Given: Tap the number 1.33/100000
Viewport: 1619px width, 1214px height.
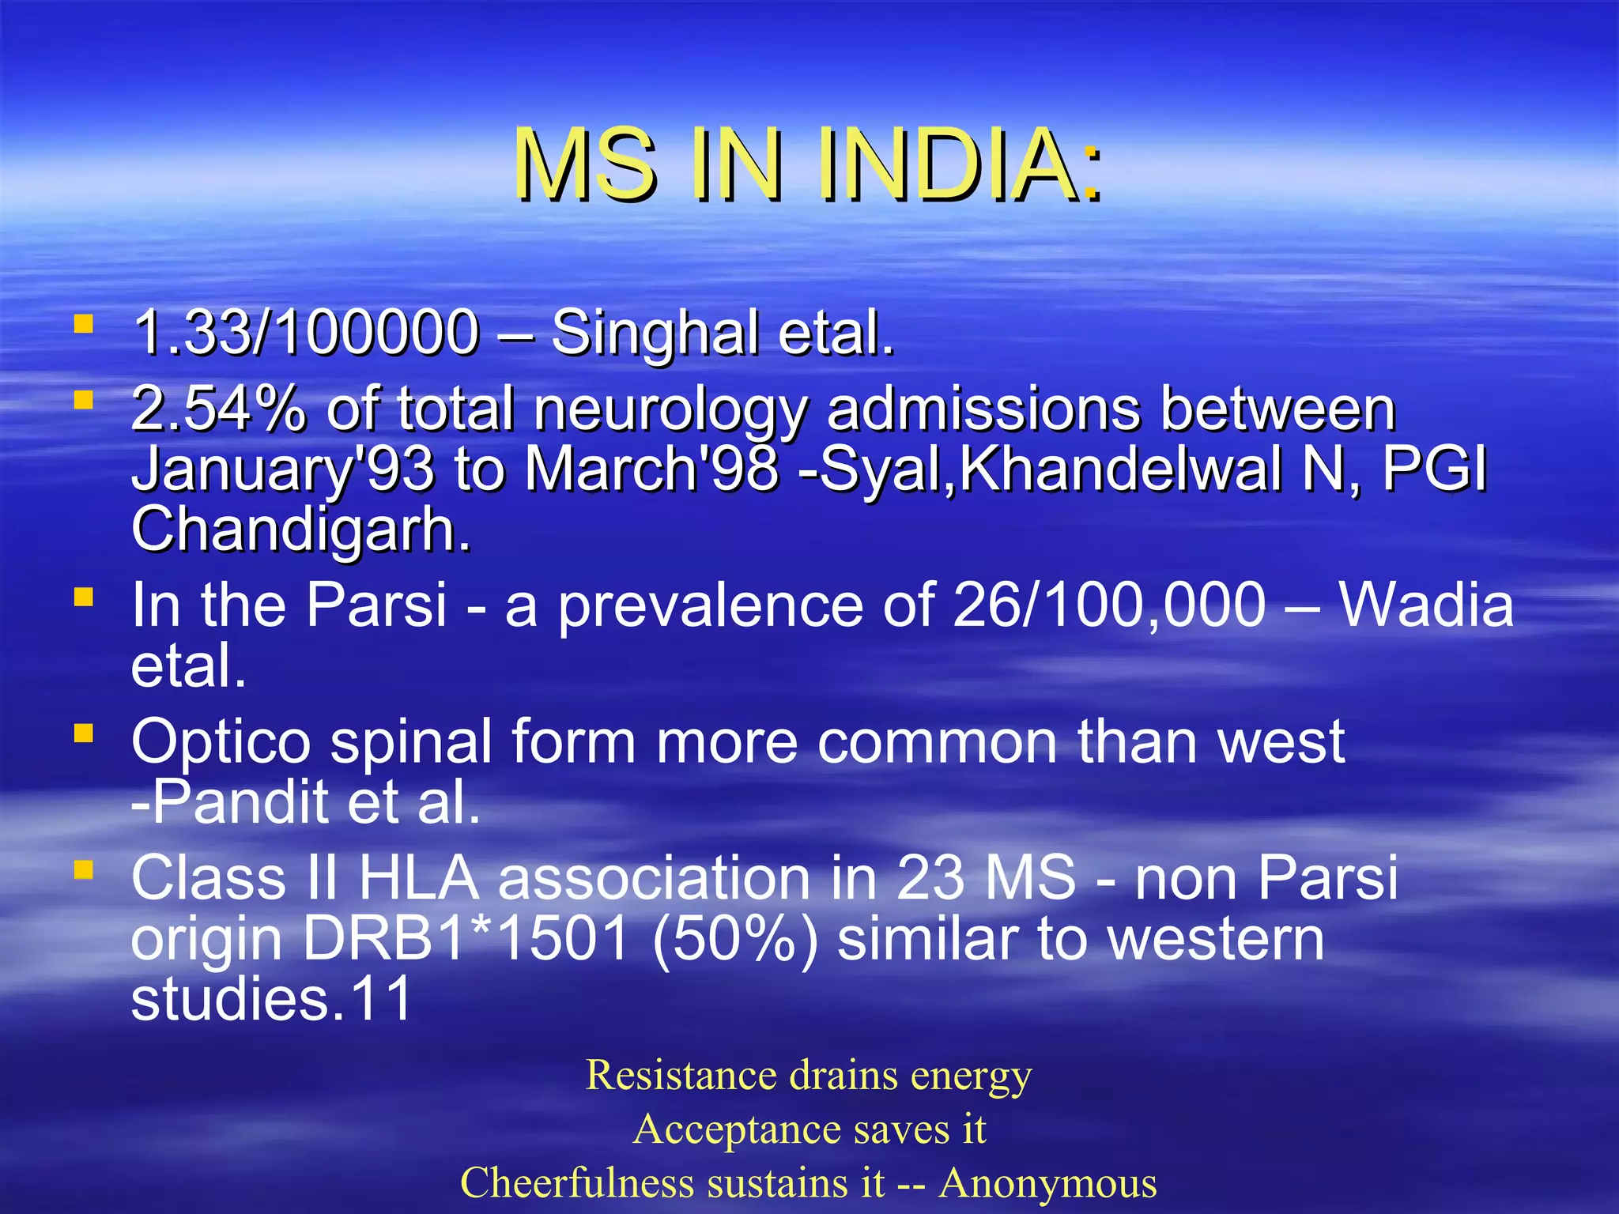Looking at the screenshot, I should pos(306,333).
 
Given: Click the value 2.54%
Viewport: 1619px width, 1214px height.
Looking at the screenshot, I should pos(218,409).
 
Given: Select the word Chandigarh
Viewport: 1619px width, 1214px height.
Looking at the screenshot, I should pos(300,529).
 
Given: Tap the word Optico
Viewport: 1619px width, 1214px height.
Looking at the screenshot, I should pos(221,742).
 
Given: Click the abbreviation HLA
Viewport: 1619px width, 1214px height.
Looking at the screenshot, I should pos(419,878).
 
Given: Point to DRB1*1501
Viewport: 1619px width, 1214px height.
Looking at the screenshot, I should pos(467,939).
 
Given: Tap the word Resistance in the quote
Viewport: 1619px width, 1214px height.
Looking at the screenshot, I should pos(681,1076).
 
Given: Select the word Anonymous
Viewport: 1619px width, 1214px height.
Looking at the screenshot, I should pos(1047,1183).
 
